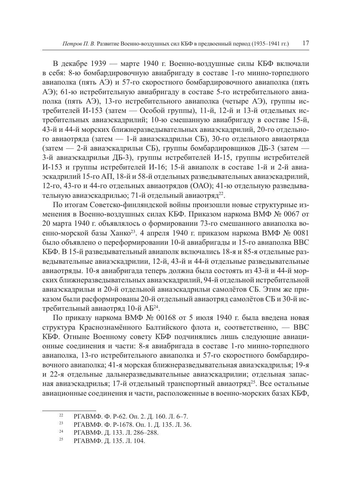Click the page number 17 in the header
click(305, 43)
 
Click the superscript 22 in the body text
click(221, 194)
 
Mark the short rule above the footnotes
click(69, 410)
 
